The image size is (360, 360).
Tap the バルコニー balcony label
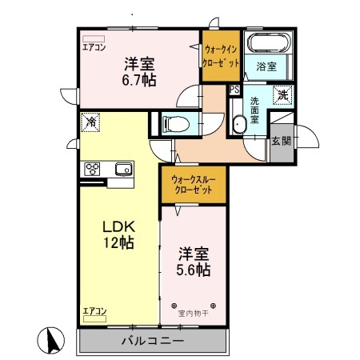pyautogui.click(x=153, y=341)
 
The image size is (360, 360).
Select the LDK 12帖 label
pyautogui.click(x=119, y=234)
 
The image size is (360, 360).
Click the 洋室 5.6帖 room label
pyautogui.click(x=194, y=262)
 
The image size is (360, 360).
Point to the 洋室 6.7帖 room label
pyautogui.click(x=139, y=71)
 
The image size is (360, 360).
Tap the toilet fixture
pyautogui.click(x=176, y=124)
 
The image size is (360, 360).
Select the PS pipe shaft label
pyautogui.click(x=234, y=90)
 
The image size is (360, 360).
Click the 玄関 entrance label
pyautogui.click(x=282, y=141)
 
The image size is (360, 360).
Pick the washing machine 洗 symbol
pyautogui.click(x=282, y=95)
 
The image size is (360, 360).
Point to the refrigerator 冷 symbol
pyautogui.click(x=90, y=122)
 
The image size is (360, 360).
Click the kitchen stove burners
pyautogui.click(x=92, y=169)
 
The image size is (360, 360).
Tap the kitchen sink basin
pyautogui.click(x=124, y=169)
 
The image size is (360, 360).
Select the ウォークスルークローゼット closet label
pyautogui.click(x=193, y=185)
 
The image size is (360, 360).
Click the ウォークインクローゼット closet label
pyautogui.click(x=221, y=56)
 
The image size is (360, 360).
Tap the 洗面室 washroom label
pyautogui.click(x=254, y=110)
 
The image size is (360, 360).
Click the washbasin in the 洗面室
pyautogui.click(x=238, y=124)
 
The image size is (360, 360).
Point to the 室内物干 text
pyautogui.click(x=194, y=314)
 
